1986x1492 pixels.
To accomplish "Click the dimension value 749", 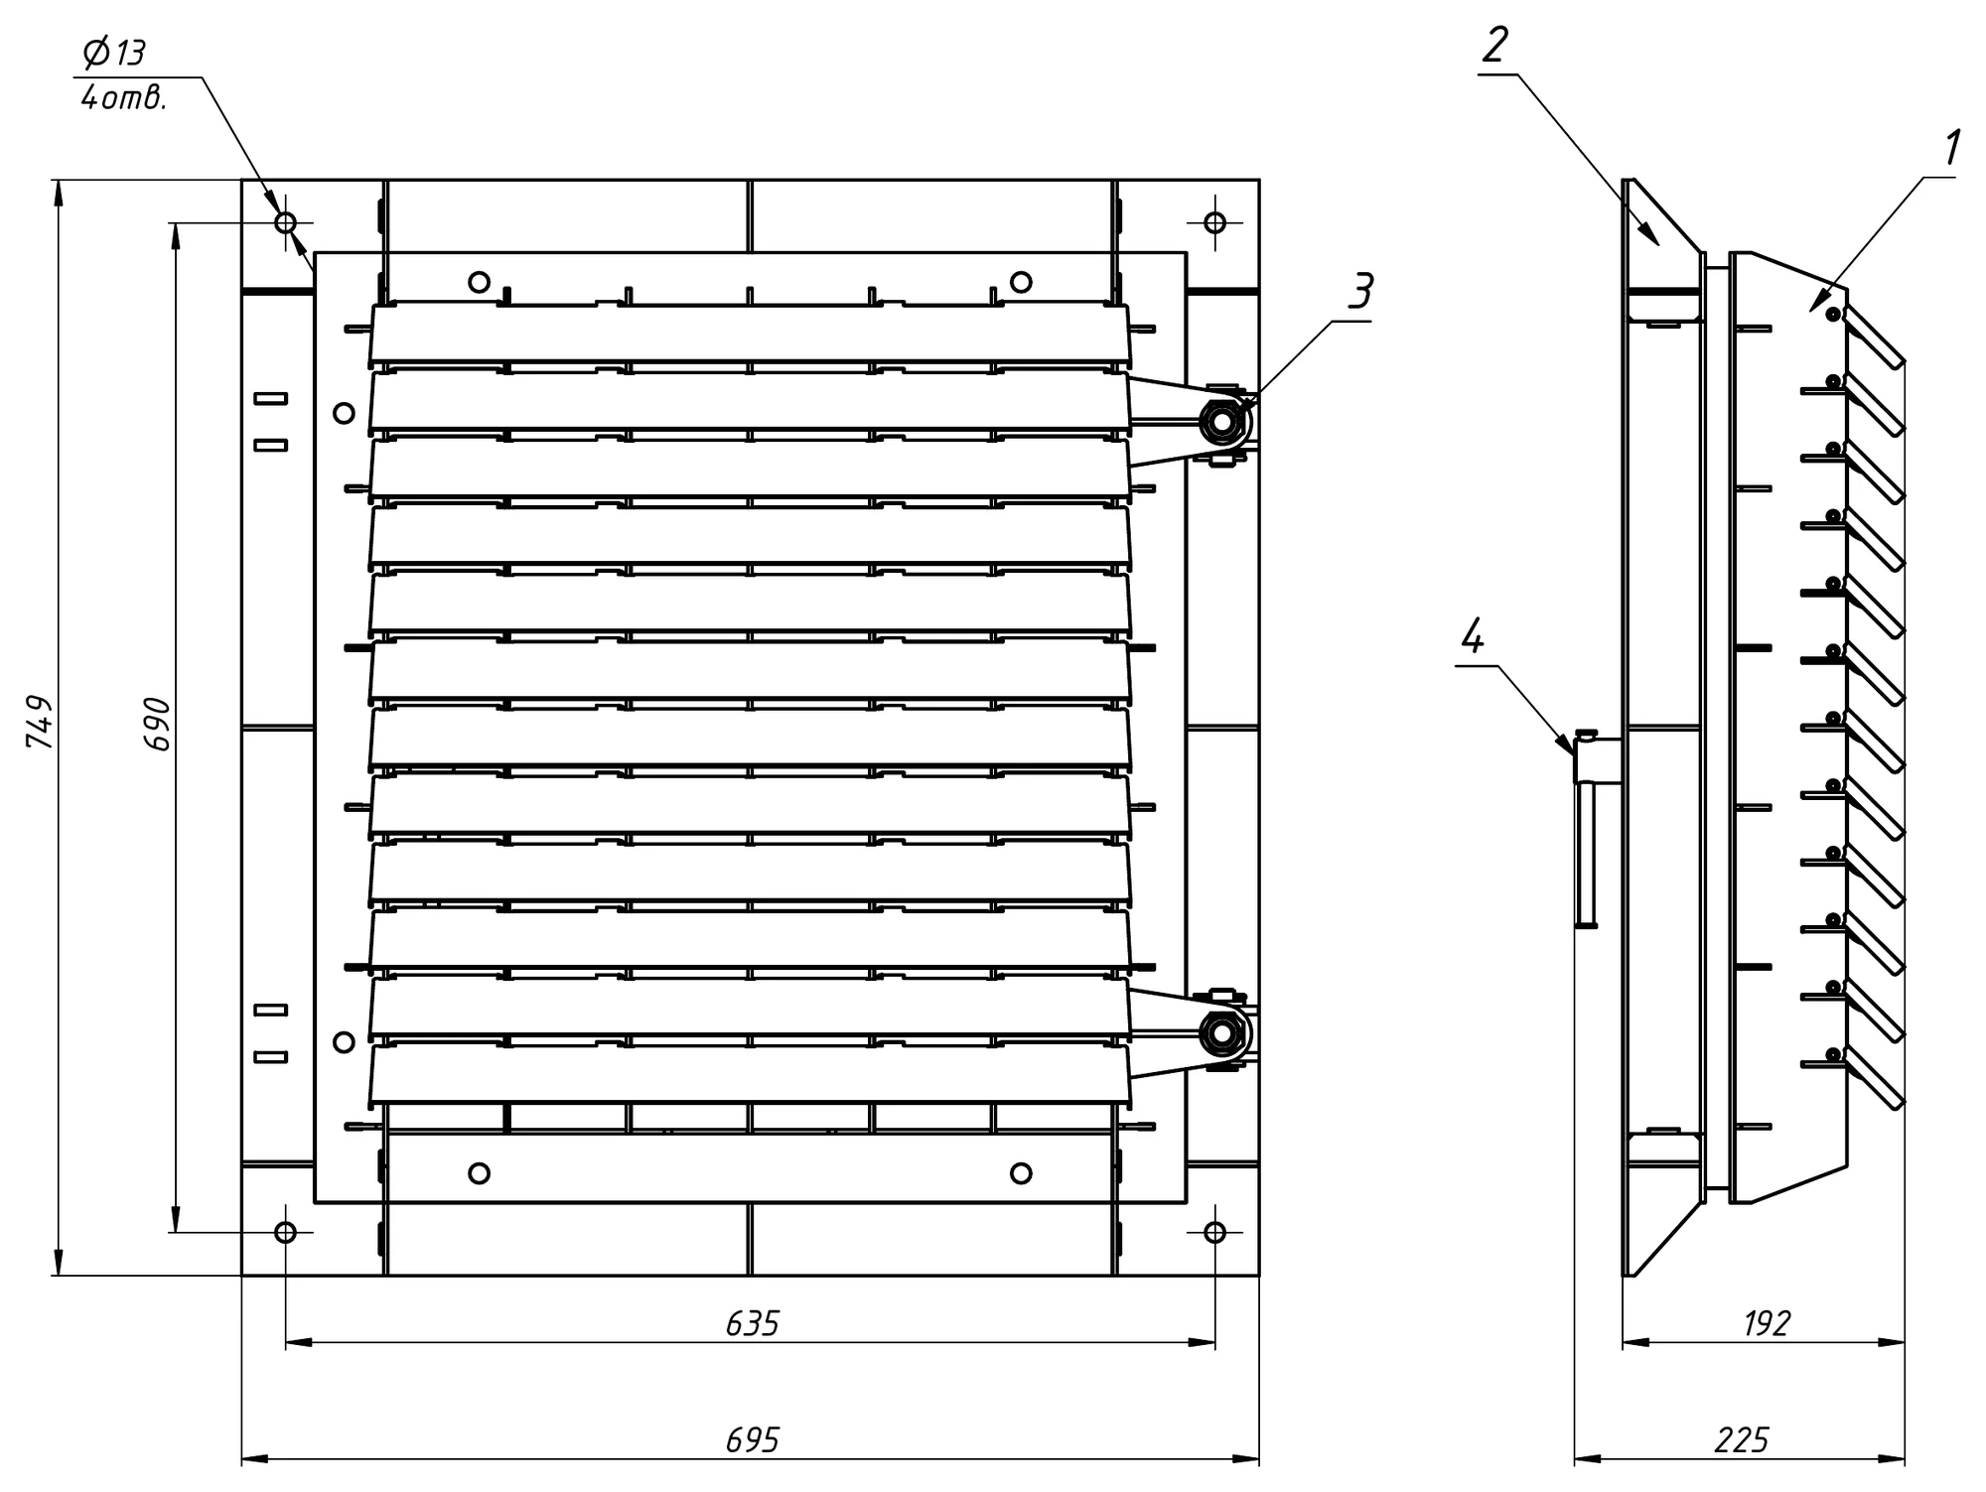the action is (39, 722).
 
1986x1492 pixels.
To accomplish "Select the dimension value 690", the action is (157, 724).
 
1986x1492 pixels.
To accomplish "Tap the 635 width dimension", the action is (753, 1323).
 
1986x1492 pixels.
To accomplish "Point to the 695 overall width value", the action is (753, 1439).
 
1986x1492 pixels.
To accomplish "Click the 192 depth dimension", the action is (1767, 1323).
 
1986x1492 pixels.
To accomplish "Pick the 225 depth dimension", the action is (1742, 1439).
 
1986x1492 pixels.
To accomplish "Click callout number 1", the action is (1951, 149).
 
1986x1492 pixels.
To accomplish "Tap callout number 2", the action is (1494, 45).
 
